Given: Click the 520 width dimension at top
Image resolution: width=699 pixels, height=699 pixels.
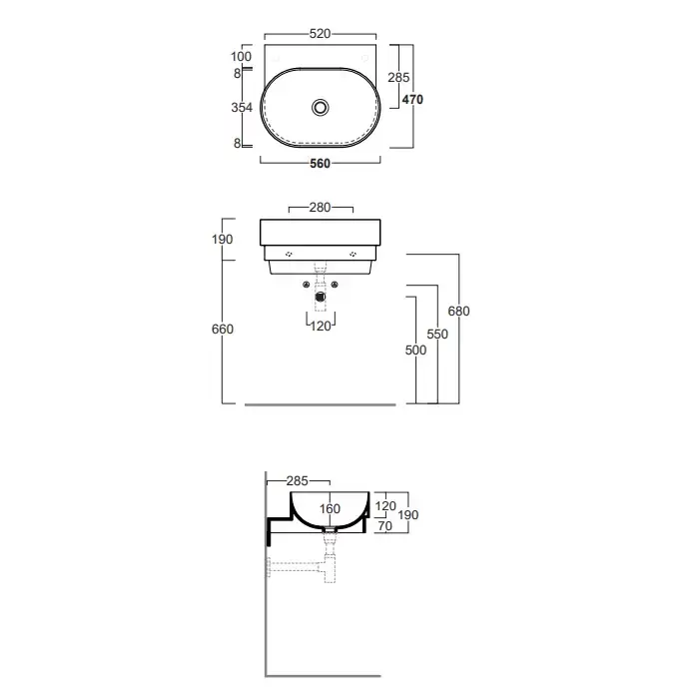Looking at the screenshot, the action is click(x=321, y=33).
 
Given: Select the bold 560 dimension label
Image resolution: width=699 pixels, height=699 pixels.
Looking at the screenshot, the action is click(x=321, y=164).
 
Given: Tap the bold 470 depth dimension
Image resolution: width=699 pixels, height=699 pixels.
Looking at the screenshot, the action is click(x=412, y=100).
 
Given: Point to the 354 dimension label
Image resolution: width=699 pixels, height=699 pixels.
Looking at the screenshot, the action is click(x=242, y=108).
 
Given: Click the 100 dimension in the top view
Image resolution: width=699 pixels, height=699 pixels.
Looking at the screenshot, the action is click(x=242, y=57).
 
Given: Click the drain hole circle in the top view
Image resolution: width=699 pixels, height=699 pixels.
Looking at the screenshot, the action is click(x=321, y=108).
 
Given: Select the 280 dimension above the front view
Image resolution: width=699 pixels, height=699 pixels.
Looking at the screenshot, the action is click(x=321, y=208).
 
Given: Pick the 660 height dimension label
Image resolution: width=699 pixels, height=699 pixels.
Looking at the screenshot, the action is click(x=223, y=329).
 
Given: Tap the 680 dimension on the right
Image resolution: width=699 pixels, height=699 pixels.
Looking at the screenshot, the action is click(x=458, y=311).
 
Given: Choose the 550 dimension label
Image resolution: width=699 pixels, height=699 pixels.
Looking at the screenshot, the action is click(x=437, y=334).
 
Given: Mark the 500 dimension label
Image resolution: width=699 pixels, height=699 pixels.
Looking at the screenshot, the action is click(x=416, y=349).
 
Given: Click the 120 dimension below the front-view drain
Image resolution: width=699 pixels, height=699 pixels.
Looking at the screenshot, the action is click(x=321, y=327).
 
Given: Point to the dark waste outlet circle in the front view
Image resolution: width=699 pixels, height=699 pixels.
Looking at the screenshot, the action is click(x=321, y=297).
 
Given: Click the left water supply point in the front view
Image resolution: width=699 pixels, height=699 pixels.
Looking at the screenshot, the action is click(x=307, y=285).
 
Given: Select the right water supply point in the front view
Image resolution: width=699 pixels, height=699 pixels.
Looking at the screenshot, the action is click(x=335, y=285).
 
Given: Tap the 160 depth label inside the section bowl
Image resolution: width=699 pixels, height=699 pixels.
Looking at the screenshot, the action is click(x=330, y=508).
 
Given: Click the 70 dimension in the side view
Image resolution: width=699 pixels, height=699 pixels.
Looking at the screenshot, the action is click(x=384, y=526).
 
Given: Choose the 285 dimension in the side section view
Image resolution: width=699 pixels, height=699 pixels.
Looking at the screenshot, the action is click(x=298, y=481).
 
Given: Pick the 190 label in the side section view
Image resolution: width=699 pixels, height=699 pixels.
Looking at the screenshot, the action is click(x=407, y=515).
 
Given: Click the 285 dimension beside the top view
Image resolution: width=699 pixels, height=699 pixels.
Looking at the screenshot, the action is click(x=398, y=78).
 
